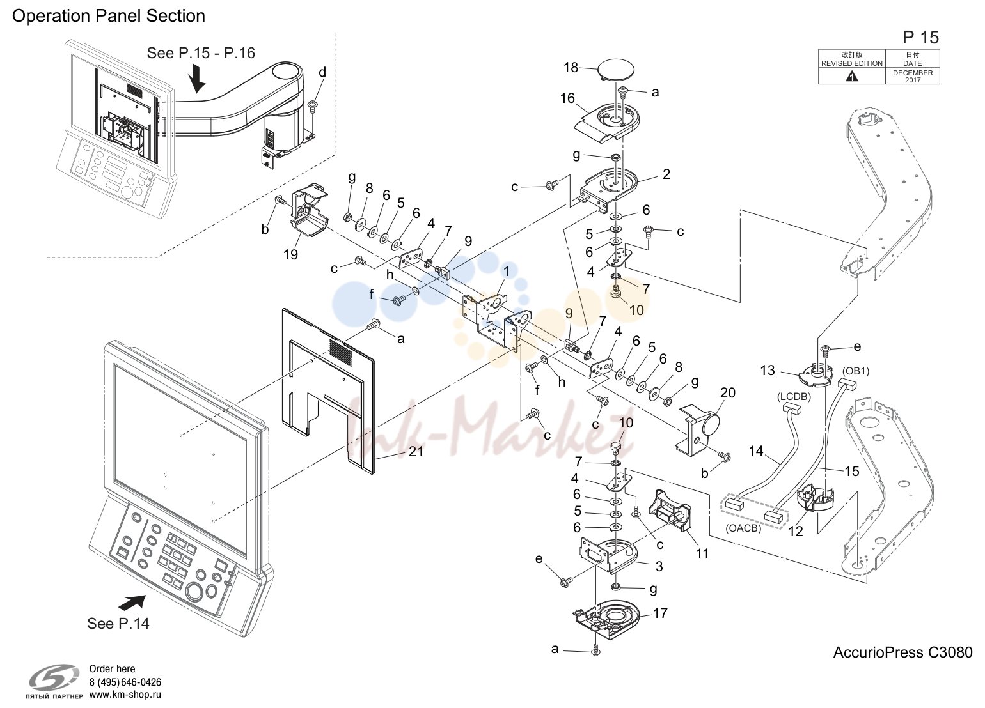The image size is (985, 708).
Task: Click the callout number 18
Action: (571, 67)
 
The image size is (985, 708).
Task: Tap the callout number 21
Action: (416, 452)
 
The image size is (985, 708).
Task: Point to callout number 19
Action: (290, 254)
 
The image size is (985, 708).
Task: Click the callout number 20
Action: (728, 392)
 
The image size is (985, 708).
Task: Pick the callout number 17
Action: (660, 613)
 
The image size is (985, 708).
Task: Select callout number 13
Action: (768, 370)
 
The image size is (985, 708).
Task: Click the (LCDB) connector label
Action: (794, 397)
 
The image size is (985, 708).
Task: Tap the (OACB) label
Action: (743, 528)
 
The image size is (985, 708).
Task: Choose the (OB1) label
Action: (856, 371)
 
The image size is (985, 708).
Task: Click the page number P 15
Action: (921, 37)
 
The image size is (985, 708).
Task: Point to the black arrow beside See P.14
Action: (132, 602)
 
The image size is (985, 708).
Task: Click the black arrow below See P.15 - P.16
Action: (197, 78)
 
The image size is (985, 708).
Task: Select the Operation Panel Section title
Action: (109, 16)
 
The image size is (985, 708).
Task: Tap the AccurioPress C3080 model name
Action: (902, 652)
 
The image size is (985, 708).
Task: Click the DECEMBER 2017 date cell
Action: (913, 76)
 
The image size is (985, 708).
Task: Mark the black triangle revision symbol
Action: (852, 77)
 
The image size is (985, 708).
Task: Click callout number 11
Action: (702, 554)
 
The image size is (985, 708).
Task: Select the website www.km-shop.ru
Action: (125, 695)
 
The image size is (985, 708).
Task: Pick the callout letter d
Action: (322, 72)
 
